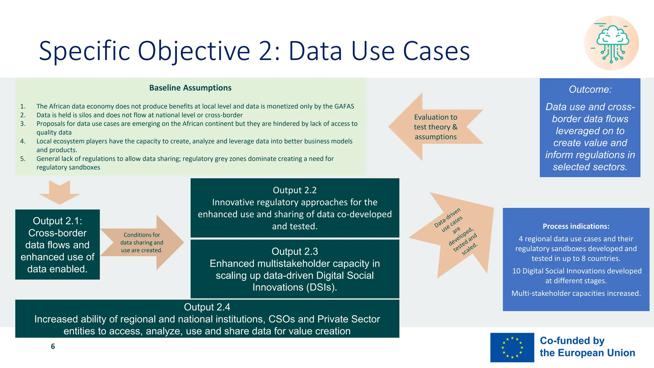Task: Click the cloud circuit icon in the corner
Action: [x=612, y=43]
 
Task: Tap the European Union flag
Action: [x=512, y=347]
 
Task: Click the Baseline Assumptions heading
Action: [x=190, y=88]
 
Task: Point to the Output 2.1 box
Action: [x=57, y=245]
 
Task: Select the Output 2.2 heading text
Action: [x=294, y=190]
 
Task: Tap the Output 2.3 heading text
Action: [x=294, y=252]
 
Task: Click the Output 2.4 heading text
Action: [x=207, y=307]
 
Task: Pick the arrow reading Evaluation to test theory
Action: [x=435, y=127]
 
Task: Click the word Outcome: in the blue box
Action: [x=590, y=89]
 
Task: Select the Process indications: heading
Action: [x=576, y=226]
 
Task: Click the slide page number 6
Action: [x=53, y=347]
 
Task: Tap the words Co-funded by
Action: [x=572, y=341]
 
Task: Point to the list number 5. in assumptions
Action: [x=23, y=159]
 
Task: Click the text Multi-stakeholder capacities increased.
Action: [x=576, y=294]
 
